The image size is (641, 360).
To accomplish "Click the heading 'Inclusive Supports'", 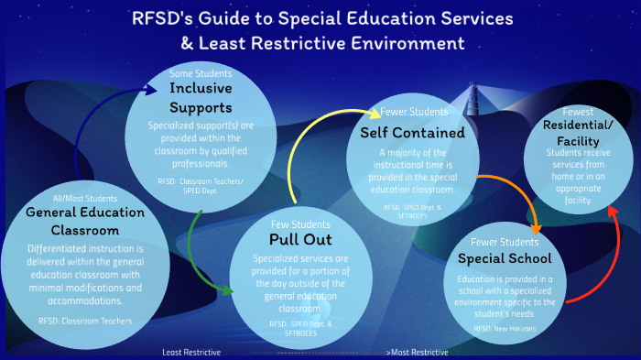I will [x=201, y=97].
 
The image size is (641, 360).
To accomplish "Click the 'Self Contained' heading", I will [x=412, y=132].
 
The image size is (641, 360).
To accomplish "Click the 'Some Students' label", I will [x=201, y=72].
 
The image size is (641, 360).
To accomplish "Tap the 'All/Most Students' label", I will [x=73, y=198].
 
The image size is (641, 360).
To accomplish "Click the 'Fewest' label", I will [x=578, y=111].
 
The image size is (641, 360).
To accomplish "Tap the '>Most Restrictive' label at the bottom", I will [x=418, y=353].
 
